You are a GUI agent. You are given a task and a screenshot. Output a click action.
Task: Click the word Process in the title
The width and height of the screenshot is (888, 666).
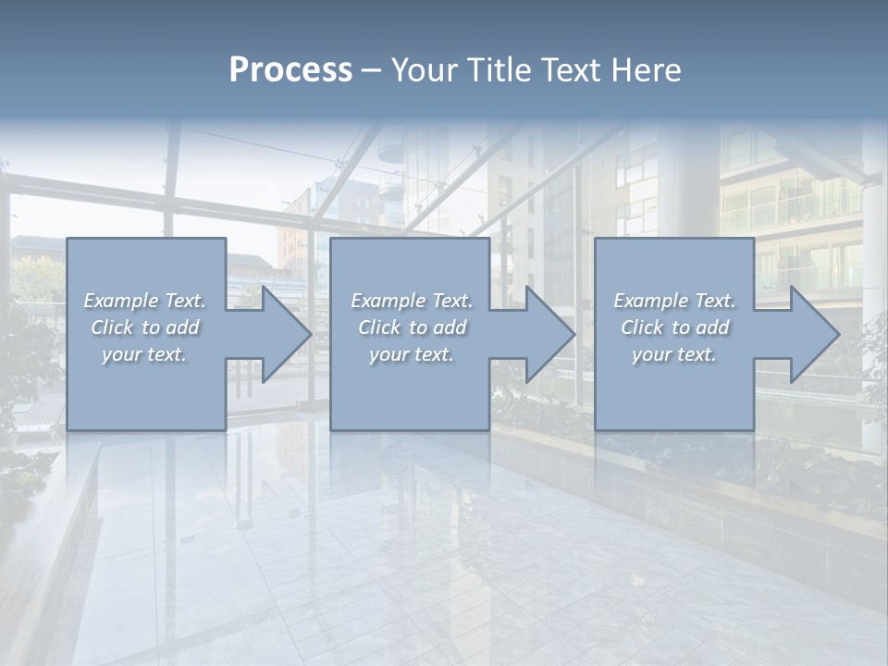[x=290, y=70]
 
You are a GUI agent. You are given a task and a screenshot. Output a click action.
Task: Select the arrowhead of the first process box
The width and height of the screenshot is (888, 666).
[x=283, y=334]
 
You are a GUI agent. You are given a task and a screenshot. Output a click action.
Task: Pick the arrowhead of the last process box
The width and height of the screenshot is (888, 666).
[x=811, y=334]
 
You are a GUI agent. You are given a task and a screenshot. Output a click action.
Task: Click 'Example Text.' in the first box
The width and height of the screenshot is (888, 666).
[x=144, y=301]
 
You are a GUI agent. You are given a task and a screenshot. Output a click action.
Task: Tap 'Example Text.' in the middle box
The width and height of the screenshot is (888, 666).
[x=412, y=301]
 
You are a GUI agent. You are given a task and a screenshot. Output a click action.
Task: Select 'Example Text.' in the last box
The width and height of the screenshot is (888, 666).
[x=674, y=301]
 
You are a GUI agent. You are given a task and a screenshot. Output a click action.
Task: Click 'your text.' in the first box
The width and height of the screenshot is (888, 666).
[x=144, y=354]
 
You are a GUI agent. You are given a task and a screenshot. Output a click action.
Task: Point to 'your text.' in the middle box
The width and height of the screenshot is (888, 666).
[x=412, y=354]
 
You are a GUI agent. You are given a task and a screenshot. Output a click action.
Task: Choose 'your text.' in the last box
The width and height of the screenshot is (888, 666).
[x=674, y=354]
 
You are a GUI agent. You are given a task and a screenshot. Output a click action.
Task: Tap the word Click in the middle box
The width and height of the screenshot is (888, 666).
[x=379, y=327]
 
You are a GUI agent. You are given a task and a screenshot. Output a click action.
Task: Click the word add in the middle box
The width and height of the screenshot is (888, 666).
[x=449, y=327]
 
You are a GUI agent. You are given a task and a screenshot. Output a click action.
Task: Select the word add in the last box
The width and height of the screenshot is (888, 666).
[x=711, y=327]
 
